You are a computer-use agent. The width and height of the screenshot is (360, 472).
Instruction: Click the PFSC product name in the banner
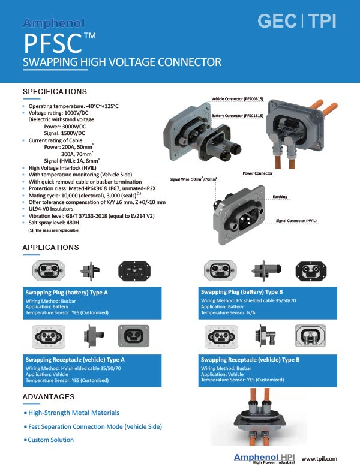click(x=59, y=43)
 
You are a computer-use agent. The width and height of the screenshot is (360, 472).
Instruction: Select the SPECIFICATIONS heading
click(x=55, y=92)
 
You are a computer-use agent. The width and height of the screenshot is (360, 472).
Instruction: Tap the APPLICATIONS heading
click(x=51, y=248)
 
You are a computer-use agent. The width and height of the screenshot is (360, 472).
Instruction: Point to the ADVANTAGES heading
click(x=48, y=397)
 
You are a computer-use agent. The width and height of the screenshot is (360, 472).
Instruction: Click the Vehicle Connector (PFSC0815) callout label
click(x=236, y=98)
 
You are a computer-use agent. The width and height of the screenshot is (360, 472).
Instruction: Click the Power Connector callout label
click(x=257, y=173)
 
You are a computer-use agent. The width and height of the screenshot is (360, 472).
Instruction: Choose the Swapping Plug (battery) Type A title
click(x=66, y=293)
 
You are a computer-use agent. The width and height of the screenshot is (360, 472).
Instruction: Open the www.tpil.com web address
click(x=319, y=458)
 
